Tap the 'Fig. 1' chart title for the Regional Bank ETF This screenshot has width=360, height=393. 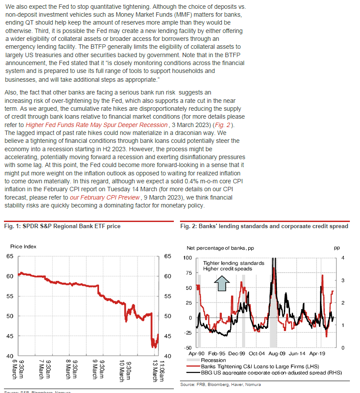pos(62,226)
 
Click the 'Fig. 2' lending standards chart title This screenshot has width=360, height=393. pos(264,226)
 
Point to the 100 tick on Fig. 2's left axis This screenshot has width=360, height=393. pos(188,258)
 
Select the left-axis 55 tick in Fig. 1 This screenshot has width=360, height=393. pos(10,296)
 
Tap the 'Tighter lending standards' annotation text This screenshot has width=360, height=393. pos(234,263)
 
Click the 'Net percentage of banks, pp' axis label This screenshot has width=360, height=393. pos(217,248)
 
